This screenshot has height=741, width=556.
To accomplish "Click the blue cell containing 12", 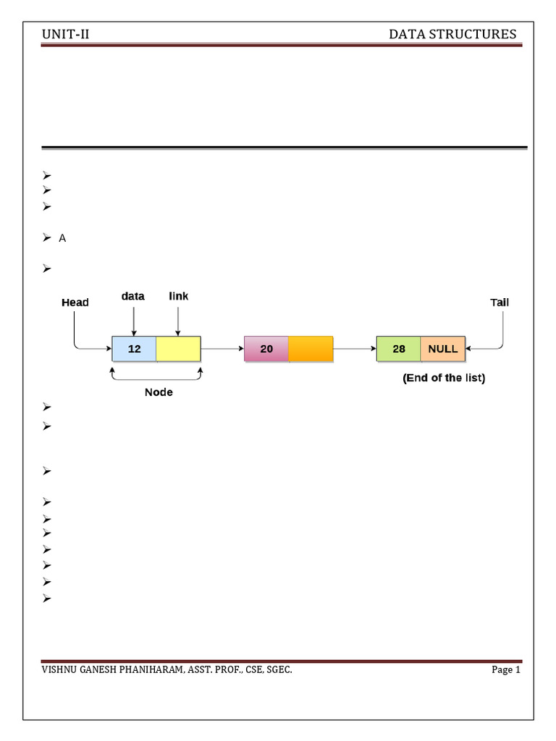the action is (x=134, y=349).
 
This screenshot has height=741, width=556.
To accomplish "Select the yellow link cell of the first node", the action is (x=178, y=349).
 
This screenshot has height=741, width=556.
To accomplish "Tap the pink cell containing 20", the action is (x=266, y=349).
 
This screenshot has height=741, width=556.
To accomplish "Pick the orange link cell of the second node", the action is (x=311, y=349).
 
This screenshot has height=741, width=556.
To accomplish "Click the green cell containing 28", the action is (x=399, y=349).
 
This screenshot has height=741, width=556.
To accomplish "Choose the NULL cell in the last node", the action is (x=443, y=349).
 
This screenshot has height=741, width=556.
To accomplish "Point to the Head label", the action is (x=75, y=302).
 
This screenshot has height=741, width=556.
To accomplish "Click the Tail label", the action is (x=500, y=302).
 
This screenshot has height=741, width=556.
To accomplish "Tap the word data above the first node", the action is (x=132, y=297).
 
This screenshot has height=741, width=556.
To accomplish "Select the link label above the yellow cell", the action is (x=178, y=297).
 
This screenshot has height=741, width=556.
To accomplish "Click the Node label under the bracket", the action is (x=159, y=392).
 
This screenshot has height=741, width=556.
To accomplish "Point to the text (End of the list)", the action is (x=444, y=378).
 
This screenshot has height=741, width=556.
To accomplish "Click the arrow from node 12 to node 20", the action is (x=222, y=349).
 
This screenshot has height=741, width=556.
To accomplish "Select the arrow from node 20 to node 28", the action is (x=355, y=349).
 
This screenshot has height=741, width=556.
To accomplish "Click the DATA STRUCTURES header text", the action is (x=452, y=35).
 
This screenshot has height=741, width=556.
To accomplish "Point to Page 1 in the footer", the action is (x=506, y=670).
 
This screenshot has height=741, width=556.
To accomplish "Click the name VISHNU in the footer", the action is (x=60, y=670).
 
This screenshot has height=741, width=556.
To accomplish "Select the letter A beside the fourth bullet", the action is (x=62, y=238).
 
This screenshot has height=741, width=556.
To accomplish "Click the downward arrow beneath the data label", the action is (x=133, y=321).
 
